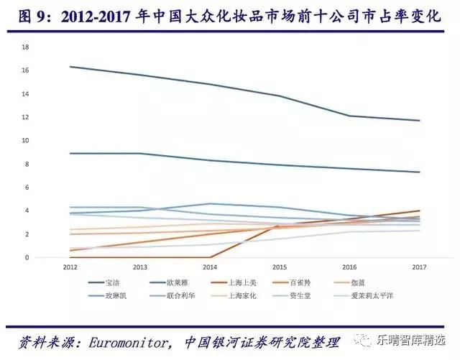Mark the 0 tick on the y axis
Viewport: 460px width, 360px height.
click(x=27, y=257)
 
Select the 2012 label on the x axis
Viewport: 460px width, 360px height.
click(x=69, y=267)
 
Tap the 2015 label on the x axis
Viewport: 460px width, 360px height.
click(x=280, y=267)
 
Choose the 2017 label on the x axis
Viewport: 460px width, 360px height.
click(x=420, y=267)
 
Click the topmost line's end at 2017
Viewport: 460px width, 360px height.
click(x=420, y=121)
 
